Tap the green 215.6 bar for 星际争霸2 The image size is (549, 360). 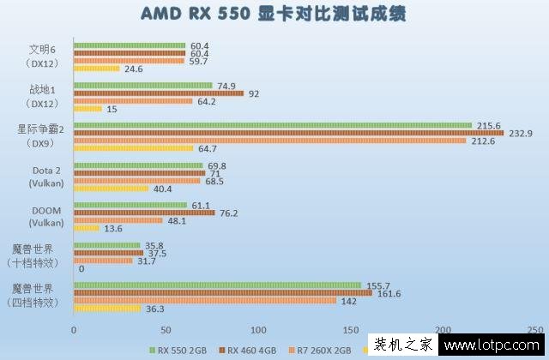[273, 125]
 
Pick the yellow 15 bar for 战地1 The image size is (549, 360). [87, 109]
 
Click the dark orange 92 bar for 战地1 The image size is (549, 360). [159, 93]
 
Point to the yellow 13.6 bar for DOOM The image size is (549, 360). [86, 228]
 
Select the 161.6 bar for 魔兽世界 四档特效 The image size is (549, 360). [223, 292]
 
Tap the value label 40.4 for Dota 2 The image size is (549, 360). [163, 189]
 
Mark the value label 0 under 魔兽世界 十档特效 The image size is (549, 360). [80, 268]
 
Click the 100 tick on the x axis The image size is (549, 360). [258, 330]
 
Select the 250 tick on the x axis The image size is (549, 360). [534, 330]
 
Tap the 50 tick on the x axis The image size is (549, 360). [166, 330]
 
